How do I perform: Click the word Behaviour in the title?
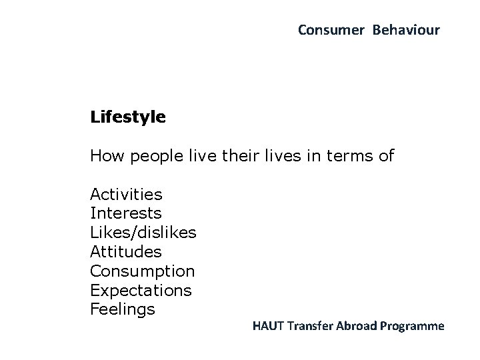tap(406, 30)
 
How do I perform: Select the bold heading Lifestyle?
tap(128, 118)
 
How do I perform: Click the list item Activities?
tap(126, 195)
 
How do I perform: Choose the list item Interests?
tap(125, 213)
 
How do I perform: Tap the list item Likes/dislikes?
tap(143, 233)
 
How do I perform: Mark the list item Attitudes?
tap(125, 252)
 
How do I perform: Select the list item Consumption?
tap(142, 272)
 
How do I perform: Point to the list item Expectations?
tap(141, 291)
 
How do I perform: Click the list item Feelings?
tap(123, 310)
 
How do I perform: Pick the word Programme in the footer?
tap(415, 327)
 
